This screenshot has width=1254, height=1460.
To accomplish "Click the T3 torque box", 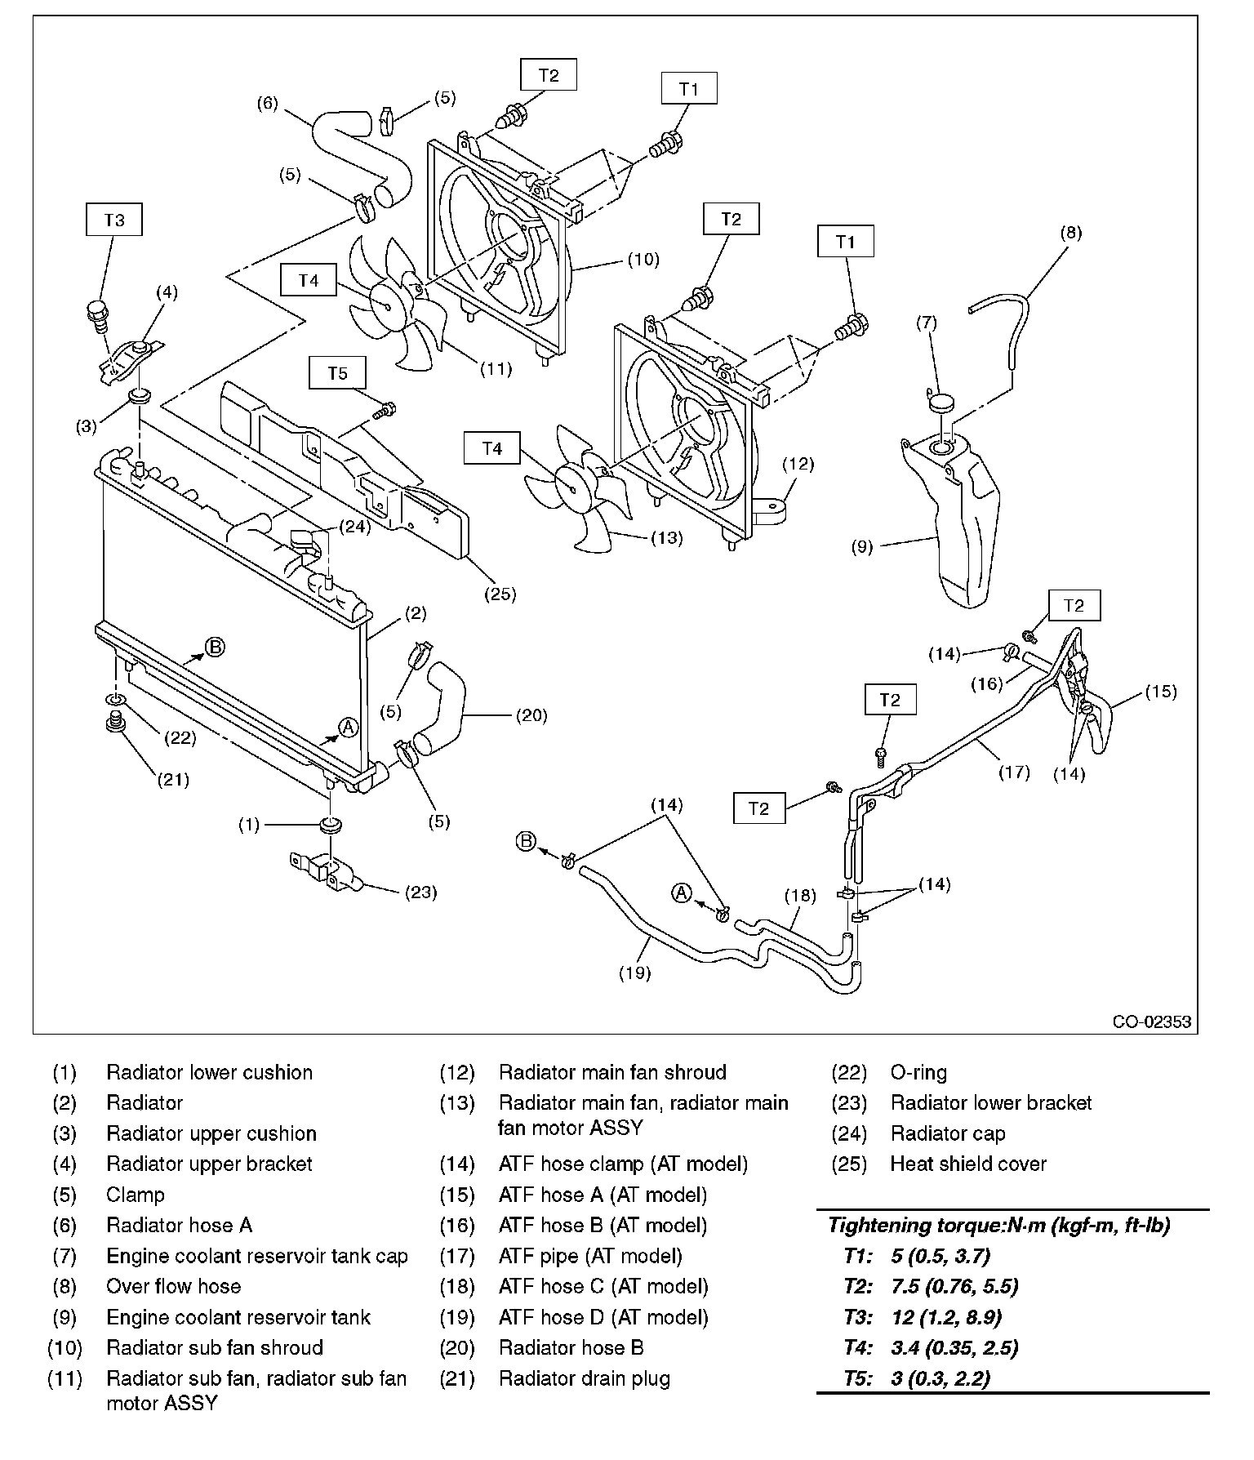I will [x=115, y=220].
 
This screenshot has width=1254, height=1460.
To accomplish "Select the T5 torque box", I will [x=337, y=373].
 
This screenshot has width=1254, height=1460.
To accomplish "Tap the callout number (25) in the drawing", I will [x=500, y=594].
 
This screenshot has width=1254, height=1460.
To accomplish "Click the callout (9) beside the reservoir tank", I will [x=862, y=547].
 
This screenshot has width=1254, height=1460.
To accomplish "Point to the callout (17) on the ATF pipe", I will [x=1014, y=771].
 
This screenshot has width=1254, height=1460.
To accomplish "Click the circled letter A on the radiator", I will [x=349, y=728].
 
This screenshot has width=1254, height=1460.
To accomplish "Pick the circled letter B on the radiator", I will [x=214, y=647].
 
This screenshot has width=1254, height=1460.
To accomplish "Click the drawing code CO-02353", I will [x=1151, y=1021].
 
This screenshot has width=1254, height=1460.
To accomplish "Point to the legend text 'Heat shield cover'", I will [x=967, y=1164].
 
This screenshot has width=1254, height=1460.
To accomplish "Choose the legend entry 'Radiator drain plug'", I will [x=584, y=1378].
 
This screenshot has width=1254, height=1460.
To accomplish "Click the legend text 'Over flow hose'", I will [x=173, y=1286].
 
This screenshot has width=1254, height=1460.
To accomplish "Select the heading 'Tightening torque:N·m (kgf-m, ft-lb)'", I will [x=999, y=1225].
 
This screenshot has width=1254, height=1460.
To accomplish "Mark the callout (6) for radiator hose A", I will [x=268, y=104].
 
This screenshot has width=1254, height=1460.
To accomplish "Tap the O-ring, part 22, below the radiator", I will [x=115, y=700].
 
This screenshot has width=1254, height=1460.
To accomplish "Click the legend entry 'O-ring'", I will [x=918, y=1072].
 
